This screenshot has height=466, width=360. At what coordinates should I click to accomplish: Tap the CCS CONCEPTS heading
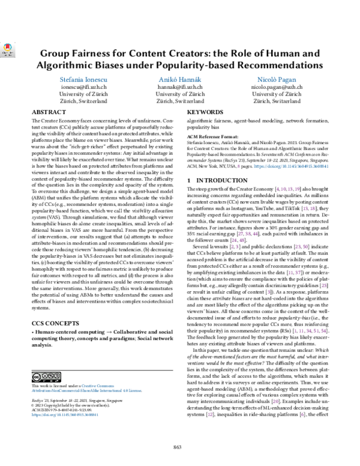55,322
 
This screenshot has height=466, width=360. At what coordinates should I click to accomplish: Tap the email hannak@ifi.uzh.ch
180,86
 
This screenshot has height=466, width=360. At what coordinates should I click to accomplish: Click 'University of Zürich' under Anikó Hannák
180,94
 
